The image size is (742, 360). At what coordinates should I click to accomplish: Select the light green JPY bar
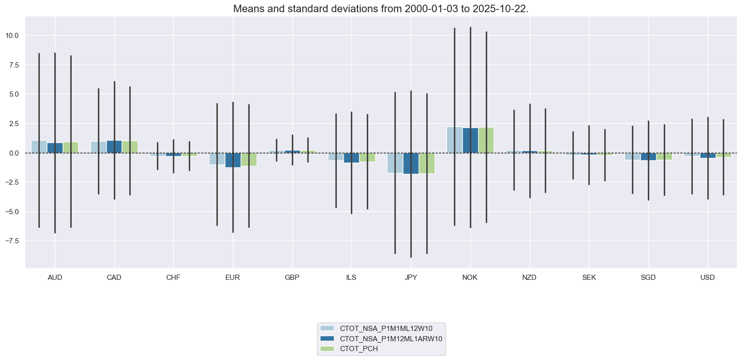(427, 163)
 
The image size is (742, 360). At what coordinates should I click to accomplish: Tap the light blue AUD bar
(39, 147)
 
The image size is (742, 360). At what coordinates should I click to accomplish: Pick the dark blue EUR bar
(233, 160)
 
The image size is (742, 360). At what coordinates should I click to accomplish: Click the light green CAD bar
(130, 147)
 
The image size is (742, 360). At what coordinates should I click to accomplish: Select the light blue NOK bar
(454, 140)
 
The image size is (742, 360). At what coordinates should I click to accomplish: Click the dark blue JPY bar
(411, 164)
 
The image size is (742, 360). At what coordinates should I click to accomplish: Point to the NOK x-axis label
(470, 277)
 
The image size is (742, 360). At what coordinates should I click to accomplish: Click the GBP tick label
(292, 277)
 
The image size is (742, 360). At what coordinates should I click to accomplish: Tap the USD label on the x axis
(707, 277)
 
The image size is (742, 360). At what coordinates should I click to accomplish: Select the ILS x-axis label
(351, 277)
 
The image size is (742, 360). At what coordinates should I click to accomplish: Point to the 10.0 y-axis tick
(13, 36)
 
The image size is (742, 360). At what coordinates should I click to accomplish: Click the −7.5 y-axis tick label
(11, 241)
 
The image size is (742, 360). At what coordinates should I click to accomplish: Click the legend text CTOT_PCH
(359, 349)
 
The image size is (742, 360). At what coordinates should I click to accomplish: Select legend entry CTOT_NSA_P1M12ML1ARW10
(391, 338)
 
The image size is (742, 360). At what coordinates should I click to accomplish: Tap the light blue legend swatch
(328, 329)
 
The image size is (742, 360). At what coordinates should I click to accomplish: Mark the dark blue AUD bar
(55, 148)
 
